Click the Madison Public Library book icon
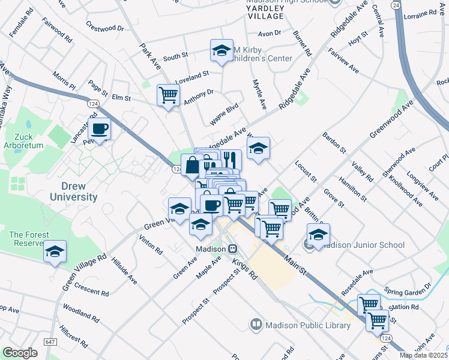point(256,325)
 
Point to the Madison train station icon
point(232,248)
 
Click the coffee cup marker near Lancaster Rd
point(99,128)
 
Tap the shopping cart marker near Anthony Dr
point(168,94)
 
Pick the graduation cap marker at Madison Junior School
point(319,234)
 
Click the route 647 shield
point(49,341)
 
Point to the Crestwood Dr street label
point(104,28)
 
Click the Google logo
point(20,353)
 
